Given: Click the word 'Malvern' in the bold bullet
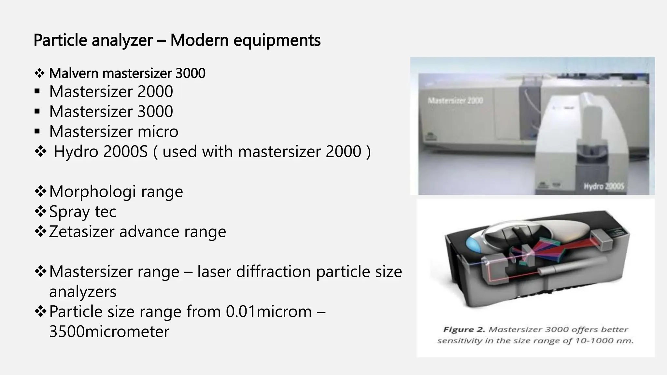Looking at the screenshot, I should click(74, 73).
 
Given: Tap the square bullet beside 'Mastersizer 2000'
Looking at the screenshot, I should click(37, 91).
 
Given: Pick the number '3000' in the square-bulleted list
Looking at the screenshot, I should click(155, 112).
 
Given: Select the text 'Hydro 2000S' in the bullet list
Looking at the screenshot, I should click(101, 152).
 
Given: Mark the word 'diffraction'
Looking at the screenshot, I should click(273, 272).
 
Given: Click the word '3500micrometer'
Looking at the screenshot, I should click(109, 332).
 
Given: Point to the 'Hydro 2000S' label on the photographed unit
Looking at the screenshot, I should click(603, 187).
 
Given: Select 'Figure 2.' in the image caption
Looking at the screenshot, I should click(464, 329).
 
